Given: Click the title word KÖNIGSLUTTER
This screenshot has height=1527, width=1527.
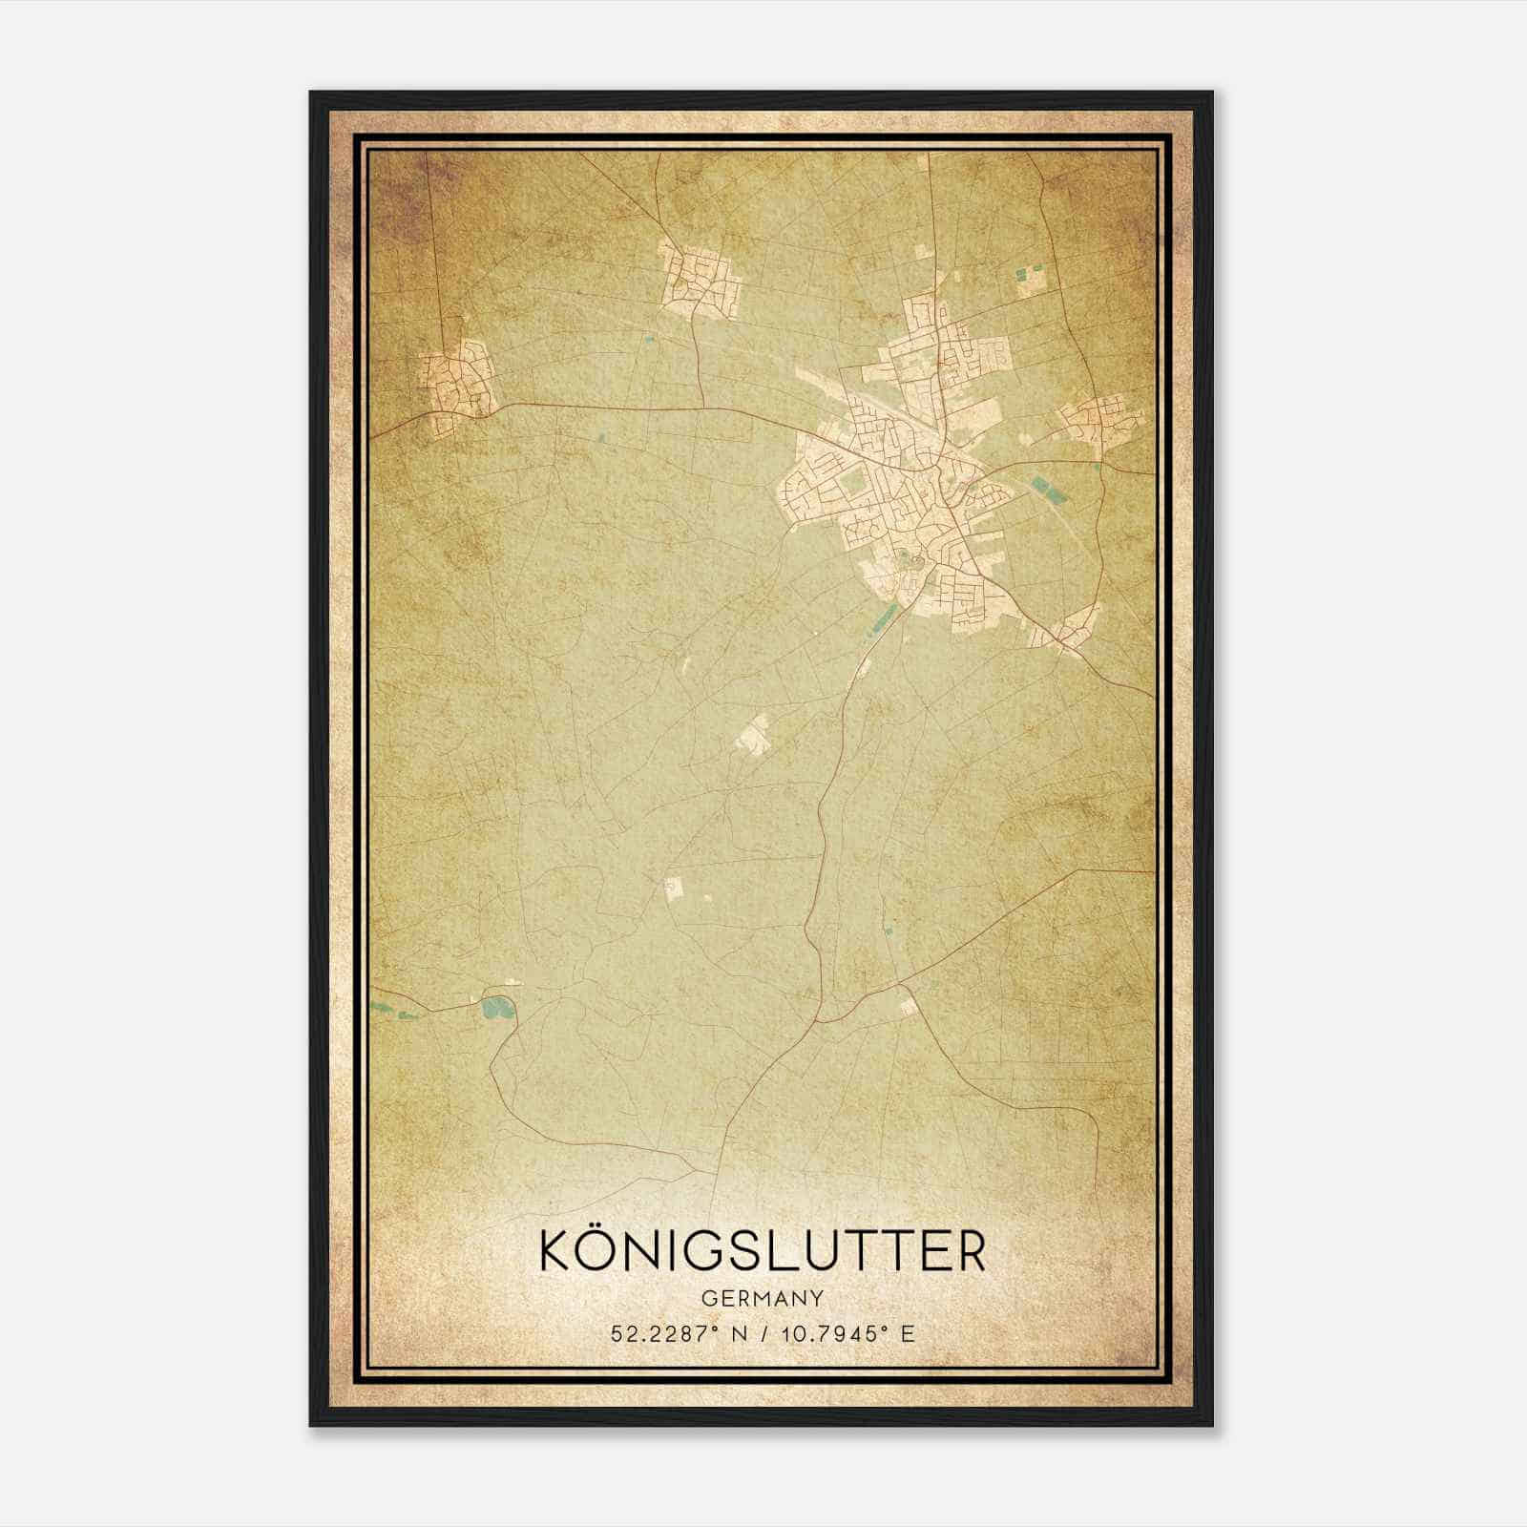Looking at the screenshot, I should click(x=763, y=1252).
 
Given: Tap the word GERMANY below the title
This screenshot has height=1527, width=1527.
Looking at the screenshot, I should click(x=763, y=1298).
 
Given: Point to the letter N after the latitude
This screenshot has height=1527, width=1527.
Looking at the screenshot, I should click(x=733, y=1333).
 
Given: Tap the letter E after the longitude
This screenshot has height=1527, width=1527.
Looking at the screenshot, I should click(x=908, y=1333).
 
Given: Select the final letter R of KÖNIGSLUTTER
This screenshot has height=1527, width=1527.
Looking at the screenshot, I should click(x=970, y=1252).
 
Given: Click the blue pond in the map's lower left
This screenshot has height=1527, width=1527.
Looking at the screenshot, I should click(x=495, y=1006).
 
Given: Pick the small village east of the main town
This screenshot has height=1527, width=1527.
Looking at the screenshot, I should click(x=1096, y=421).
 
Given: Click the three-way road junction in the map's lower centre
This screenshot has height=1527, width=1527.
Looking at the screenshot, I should click(x=818, y=1018).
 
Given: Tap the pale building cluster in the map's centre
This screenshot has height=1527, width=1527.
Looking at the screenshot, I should click(x=755, y=736).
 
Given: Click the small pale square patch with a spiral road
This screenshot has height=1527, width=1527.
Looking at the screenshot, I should click(x=674, y=888).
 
